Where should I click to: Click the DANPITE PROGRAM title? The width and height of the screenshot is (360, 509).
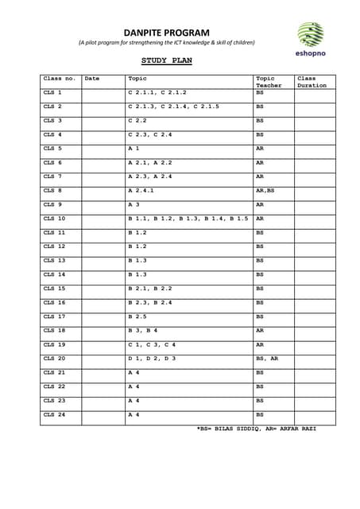pyautogui.click(x=166, y=32)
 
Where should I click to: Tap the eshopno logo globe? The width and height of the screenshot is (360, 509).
pyautogui.click(x=310, y=34)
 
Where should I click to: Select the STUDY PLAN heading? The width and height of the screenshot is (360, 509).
pyautogui.click(x=166, y=60)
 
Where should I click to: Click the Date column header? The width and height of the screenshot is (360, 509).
pyautogui.click(x=92, y=79)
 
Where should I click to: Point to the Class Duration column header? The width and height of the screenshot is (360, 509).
pyautogui.click(x=312, y=82)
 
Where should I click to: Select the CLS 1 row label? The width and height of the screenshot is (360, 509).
pyautogui.click(x=52, y=93)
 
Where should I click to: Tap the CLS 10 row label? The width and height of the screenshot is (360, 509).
pyautogui.click(x=54, y=218)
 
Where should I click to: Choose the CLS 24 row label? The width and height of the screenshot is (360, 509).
pyautogui.click(x=54, y=414)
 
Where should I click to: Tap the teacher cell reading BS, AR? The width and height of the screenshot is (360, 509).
pyautogui.click(x=267, y=359)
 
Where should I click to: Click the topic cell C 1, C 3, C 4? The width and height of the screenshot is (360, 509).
pyautogui.click(x=152, y=344)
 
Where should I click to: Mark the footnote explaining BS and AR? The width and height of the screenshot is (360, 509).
pyautogui.click(x=256, y=428)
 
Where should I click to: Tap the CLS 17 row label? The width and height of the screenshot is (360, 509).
pyautogui.click(x=54, y=317)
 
